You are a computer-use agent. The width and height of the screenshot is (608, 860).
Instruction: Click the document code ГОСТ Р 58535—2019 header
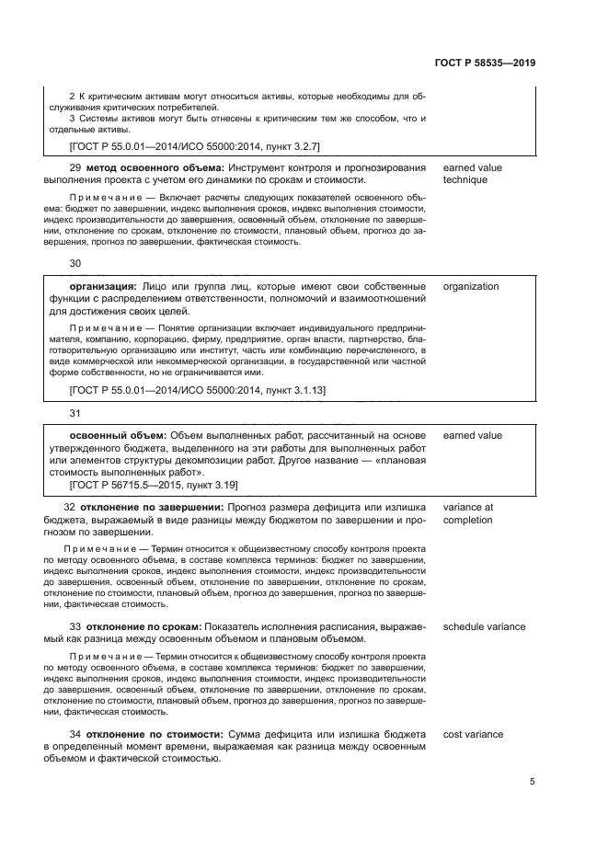[485, 63]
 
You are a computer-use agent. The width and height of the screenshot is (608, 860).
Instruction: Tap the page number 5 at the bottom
[533, 782]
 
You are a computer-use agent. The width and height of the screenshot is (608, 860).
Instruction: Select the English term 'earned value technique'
[473, 174]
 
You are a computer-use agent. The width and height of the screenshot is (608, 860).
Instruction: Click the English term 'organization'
[471, 286]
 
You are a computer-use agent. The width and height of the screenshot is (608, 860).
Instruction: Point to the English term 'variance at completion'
[469, 513]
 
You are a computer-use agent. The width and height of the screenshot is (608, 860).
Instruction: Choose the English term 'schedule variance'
[485, 626]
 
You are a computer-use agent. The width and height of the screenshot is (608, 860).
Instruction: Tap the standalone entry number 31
[75, 413]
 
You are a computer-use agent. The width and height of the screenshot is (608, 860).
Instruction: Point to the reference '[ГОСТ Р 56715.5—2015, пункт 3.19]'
[154, 485]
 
